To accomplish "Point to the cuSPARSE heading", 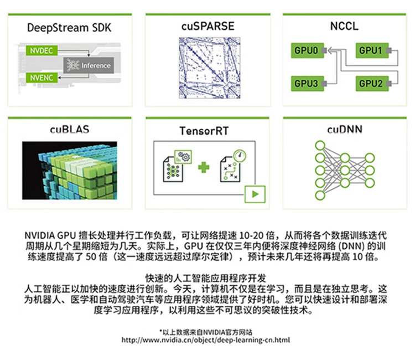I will [207, 26].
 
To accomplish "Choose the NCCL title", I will [344, 26].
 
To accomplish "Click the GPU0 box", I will [306, 50].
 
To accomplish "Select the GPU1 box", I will [371, 50].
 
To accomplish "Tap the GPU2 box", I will [371, 83].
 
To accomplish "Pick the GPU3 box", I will [306, 83].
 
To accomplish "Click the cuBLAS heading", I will [69, 130].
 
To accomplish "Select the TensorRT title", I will [207, 131].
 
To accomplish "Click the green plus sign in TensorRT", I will [204, 166].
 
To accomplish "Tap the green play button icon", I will [256, 194].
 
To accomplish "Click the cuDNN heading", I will [344, 130].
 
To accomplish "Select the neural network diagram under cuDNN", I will [344, 169].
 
